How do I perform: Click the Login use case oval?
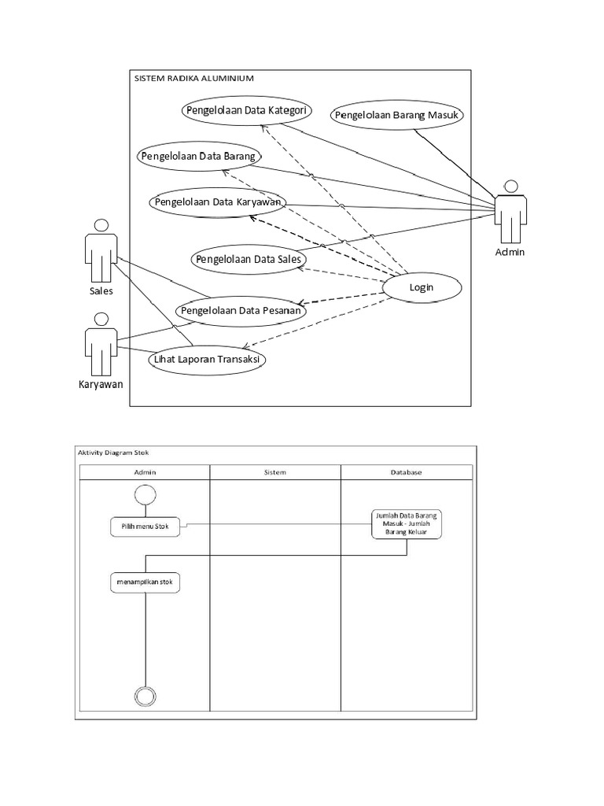coord(422,288)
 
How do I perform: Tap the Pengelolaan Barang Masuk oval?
coord(397,116)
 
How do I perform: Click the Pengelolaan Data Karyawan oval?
coord(219,202)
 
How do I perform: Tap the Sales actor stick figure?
coord(101,250)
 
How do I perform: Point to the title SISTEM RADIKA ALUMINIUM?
coord(193,79)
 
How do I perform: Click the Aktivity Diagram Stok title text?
coord(113,453)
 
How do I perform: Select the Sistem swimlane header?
coord(274,472)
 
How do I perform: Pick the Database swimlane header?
coord(406,472)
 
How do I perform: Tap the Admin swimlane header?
coord(145,472)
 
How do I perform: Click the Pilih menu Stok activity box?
coord(145,527)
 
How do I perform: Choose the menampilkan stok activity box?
coord(145,582)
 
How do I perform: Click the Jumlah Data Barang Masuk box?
coord(406,524)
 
